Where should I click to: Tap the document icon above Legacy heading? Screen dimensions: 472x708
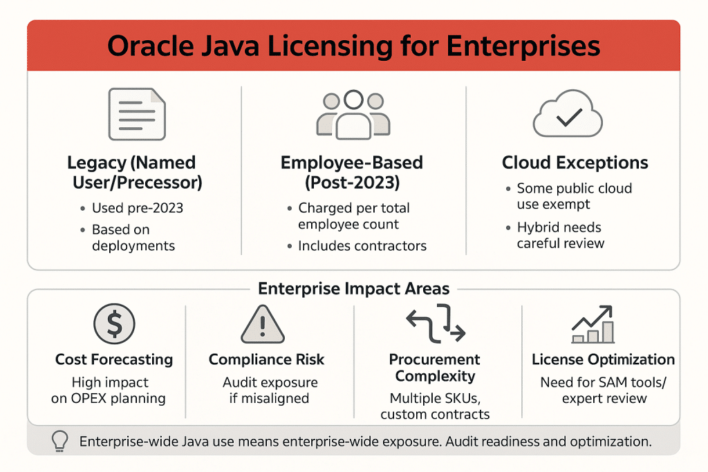pyautogui.click(x=136, y=115)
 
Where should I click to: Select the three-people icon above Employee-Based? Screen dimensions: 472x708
pyautogui.click(x=353, y=114)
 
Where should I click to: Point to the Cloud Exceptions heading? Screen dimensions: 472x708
pyautogui.click(x=575, y=163)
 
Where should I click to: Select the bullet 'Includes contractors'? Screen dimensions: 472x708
pyautogui.click(x=362, y=245)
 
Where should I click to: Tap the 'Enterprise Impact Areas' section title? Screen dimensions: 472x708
pyautogui.click(x=353, y=289)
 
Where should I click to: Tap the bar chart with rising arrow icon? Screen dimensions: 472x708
pyautogui.click(x=594, y=325)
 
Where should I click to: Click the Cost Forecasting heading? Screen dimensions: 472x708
pyautogui.click(x=114, y=360)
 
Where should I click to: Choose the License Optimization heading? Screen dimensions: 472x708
pyautogui.click(x=603, y=360)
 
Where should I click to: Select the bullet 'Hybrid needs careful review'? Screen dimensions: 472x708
pyautogui.click(x=560, y=235)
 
